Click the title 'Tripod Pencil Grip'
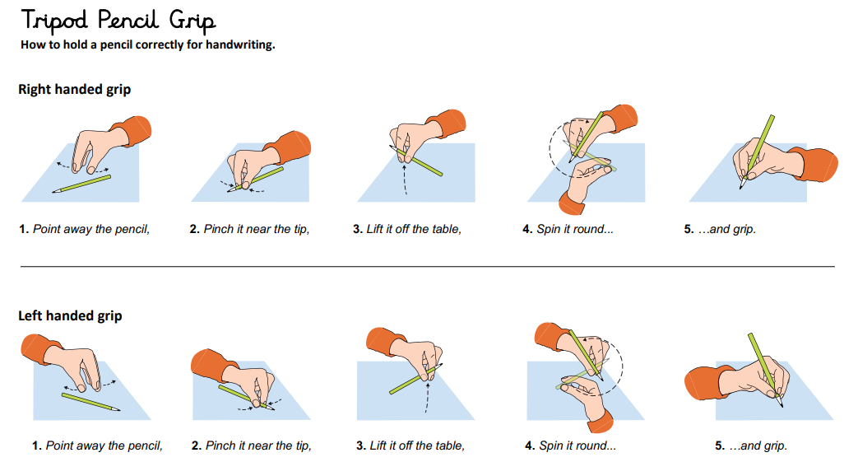pyautogui.click(x=118, y=21)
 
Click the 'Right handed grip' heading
pyautogui.click(x=74, y=89)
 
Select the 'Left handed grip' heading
pyautogui.click(x=70, y=315)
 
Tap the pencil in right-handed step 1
pyautogui.click(x=81, y=184)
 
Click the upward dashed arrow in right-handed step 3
pyautogui.click(x=405, y=179)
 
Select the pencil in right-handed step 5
pyautogui.click(x=758, y=152)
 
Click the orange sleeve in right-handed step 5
pyautogui.click(x=819, y=164)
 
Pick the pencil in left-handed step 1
pyautogui.click(x=90, y=402)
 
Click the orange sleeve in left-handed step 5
pyautogui.click(x=703, y=382)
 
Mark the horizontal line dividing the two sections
pyautogui.click(x=428, y=267)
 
